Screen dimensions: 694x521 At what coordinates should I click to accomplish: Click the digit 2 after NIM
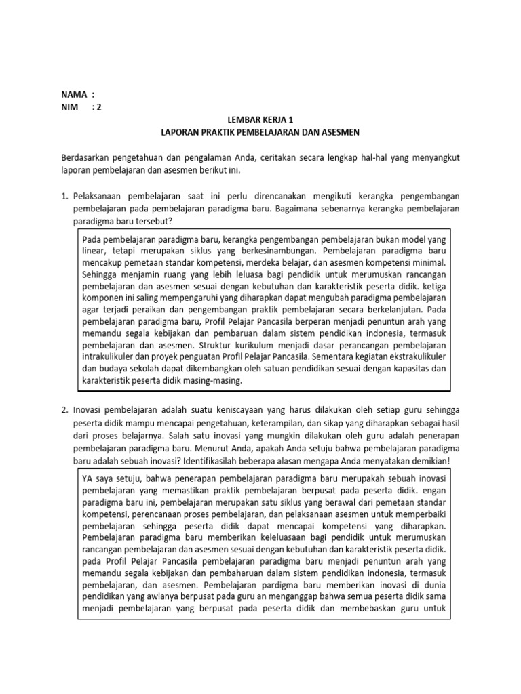click(99, 106)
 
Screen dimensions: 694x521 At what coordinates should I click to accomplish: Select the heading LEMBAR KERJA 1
click(260, 119)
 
